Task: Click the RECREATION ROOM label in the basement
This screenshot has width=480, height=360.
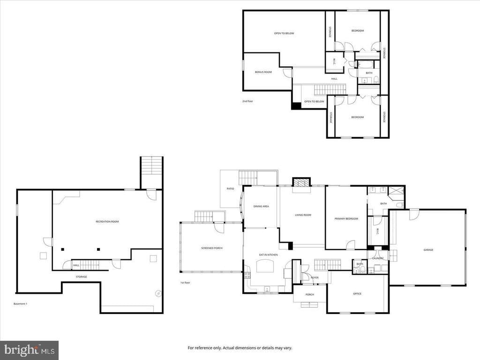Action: (x=107, y=221)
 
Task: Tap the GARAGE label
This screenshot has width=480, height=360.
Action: (x=428, y=250)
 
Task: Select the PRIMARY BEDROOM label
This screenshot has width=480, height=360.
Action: (x=346, y=218)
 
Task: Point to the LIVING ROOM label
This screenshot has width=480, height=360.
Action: (x=303, y=215)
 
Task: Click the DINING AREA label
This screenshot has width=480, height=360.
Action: (x=261, y=206)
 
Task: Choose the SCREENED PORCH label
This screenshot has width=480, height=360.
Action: (x=211, y=247)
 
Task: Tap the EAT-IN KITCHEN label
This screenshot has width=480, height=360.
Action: (x=268, y=255)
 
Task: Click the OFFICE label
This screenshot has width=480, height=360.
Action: (x=357, y=294)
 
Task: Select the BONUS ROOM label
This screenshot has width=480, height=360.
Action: (x=263, y=72)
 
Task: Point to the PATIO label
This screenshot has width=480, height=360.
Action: (x=230, y=188)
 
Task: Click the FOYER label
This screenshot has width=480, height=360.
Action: (x=315, y=277)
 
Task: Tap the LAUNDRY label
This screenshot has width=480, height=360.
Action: (x=378, y=258)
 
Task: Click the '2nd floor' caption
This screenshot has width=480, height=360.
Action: (x=247, y=101)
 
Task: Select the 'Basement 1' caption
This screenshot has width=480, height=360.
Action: (x=20, y=304)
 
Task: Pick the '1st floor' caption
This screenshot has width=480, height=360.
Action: (x=185, y=283)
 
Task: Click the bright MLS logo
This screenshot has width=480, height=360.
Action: (x=29, y=350)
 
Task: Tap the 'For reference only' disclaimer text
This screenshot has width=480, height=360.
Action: (x=240, y=348)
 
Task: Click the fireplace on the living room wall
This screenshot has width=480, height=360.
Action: (x=301, y=182)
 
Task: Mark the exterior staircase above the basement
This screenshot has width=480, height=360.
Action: (x=151, y=166)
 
